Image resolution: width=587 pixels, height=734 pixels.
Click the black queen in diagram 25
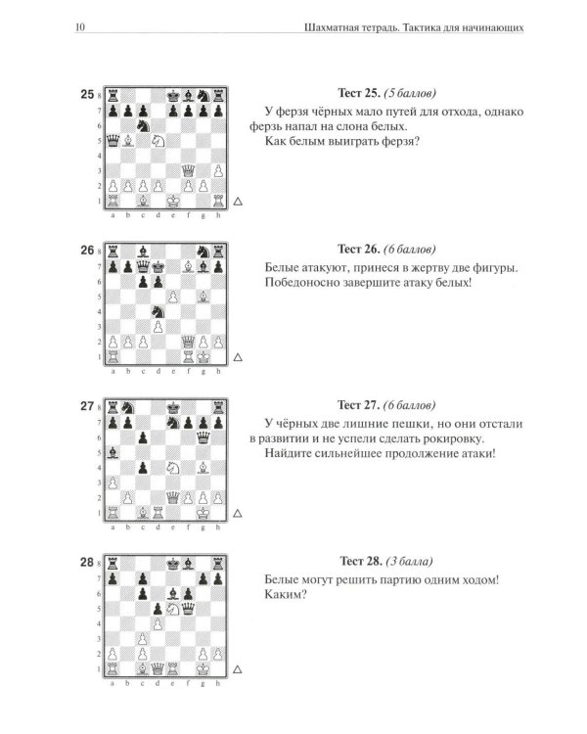coord(113,140)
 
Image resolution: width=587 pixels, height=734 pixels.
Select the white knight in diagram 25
coord(158,140)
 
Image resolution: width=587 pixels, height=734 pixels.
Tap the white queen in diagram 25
coord(188,170)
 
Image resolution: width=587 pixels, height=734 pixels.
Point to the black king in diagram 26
coord(158,267)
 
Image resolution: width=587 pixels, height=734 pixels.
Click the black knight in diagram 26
coord(158,312)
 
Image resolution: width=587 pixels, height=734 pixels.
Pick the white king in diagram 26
coord(203,356)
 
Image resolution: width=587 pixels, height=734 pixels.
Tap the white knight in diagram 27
coord(173,468)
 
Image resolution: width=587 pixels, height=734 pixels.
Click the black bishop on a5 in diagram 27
coord(113,453)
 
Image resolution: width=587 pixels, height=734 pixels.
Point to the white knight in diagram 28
coord(173,609)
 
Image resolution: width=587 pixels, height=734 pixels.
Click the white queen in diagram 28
coord(158,668)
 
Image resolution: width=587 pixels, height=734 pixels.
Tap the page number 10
coord(80,27)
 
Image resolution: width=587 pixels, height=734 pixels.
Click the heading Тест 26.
coord(359,249)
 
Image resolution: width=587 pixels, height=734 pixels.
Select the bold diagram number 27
coord(87,406)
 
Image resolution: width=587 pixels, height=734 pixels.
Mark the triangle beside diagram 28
coord(238,669)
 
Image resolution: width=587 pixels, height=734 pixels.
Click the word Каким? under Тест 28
coord(286,595)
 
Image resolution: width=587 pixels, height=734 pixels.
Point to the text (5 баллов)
coord(410,93)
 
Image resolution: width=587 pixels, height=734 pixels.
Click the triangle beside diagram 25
coord(238,202)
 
